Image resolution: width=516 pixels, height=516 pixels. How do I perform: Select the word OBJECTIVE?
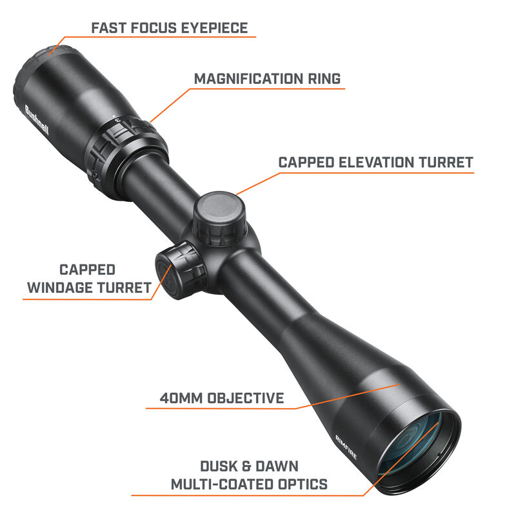[245, 398]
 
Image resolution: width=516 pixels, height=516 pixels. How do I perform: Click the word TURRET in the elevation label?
[446, 163]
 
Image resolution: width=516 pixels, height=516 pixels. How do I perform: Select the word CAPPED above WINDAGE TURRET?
[87, 269]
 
